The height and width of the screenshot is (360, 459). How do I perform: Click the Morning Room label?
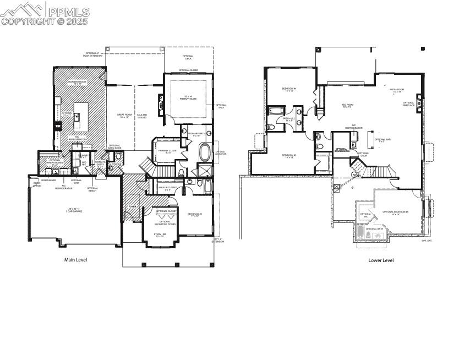pyautogui.click(x=78, y=83)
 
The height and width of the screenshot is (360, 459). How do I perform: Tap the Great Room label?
pyautogui.click(x=123, y=116)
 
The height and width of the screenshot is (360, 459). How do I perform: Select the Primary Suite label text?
pyautogui.click(x=188, y=98)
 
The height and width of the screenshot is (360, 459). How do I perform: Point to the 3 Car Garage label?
pyautogui.click(x=74, y=210)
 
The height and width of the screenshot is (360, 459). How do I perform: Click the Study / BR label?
pyautogui.click(x=159, y=235)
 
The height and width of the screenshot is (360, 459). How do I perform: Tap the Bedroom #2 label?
pyautogui.click(x=194, y=215)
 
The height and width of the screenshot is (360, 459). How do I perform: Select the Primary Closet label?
pyautogui.click(x=165, y=151)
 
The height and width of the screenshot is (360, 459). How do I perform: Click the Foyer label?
pyautogui.click(x=133, y=207)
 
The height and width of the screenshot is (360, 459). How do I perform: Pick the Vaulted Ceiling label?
pyautogui.click(x=142, y=116)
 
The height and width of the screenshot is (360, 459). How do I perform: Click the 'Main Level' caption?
pyautogui.click(x=76, y=260)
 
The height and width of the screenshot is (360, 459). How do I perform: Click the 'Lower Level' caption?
pyautogui.click(x=381, y=260)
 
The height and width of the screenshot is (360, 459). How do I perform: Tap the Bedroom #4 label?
pyautogui.click(x=289, y=89)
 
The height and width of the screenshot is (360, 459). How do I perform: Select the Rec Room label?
pyautogui.click(x=347, y=106)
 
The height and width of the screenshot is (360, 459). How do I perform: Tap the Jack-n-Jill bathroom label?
pyautogui.click(x=289, y=119)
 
